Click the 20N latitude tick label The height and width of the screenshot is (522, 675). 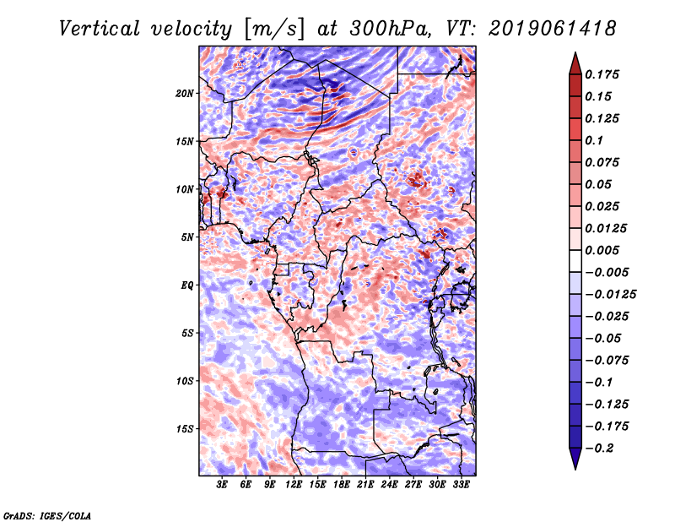tap(185, 93)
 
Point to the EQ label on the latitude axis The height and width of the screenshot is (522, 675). tap(187, 285)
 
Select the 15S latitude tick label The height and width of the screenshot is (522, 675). tap(185, 428)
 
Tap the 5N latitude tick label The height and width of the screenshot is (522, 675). tap(187, 237)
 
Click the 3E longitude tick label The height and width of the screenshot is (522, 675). tap(222, 486)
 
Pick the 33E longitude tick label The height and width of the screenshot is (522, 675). tap(462, 486)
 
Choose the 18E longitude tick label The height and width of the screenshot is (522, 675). tap(342, 486)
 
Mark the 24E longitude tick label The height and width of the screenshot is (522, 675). tap(390, 486)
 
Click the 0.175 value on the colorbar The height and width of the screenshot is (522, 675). tap(604, 74)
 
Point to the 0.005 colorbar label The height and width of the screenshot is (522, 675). tap(604, 250)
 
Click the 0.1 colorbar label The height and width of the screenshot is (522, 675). tap(597, 140)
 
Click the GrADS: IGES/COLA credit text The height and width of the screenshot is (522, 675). tap(46, 514)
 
